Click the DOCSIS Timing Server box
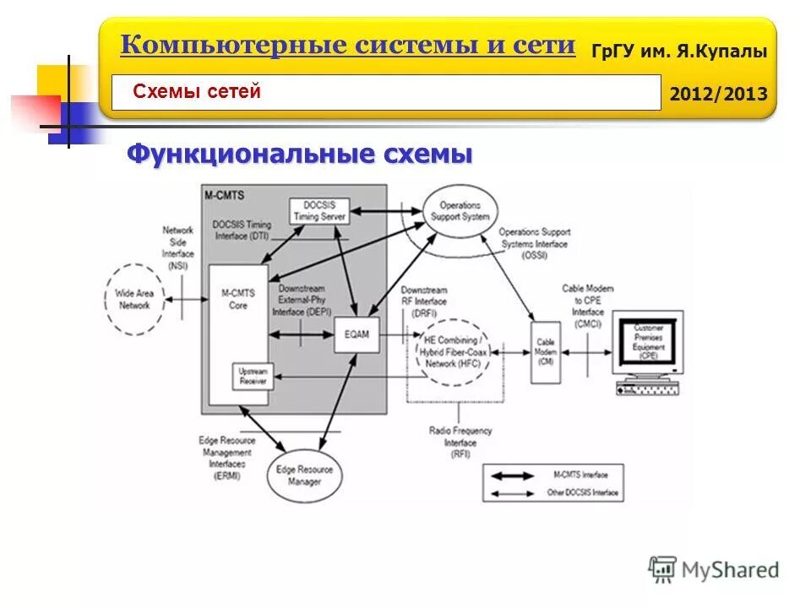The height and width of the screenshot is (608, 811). [x=319, y=211]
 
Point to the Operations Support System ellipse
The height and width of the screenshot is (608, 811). [x=460, y=210]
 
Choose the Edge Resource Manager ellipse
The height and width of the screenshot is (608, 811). [x=304, y=475]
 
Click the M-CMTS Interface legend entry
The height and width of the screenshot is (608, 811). [x=554, y=474]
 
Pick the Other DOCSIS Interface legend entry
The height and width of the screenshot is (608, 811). [x=554, y=492]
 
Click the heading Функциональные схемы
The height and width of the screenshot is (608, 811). [x=299, y=155]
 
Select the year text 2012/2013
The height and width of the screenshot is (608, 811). [x=718, y=94]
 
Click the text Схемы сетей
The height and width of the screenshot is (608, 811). [x=197, y=92]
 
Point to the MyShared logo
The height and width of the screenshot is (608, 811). [x=713, y=569]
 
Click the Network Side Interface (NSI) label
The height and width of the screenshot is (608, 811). [x=177, y=247]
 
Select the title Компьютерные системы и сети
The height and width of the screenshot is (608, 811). [x=347, y=45]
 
